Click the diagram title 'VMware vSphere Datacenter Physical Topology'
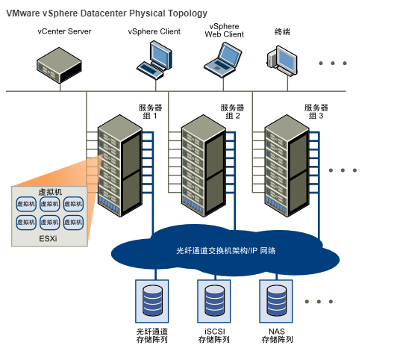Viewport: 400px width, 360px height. pos(107,13)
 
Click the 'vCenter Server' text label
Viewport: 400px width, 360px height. pos(65,31)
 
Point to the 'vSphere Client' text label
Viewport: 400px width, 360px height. pos(154,31)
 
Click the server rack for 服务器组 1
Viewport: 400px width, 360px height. pos(119,166)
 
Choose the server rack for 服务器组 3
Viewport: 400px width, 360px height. pos(287,166)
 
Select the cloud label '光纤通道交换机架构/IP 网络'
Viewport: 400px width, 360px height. pos(226,251)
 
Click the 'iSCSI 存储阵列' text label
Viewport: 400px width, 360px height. pos(214,335)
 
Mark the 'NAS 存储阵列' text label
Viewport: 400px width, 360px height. pos(277,335)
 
